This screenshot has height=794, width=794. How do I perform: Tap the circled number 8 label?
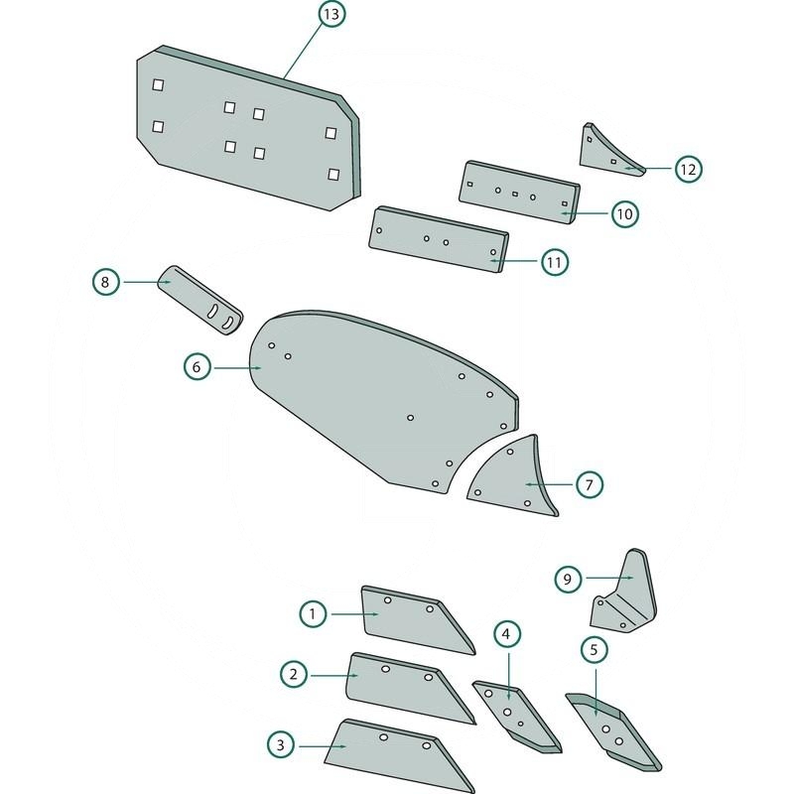[x=106, y=282]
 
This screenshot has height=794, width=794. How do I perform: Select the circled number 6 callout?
[x=197, y=367]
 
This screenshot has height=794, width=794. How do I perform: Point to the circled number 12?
[x=688, y=169]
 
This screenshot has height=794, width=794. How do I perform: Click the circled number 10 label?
[x=624, y=213]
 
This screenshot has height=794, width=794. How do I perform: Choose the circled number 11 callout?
[x=554, y=262]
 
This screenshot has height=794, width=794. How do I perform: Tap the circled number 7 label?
[x=589, y=484]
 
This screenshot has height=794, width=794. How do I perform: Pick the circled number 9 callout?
[x=567, y=578]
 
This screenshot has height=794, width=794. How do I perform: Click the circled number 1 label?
[x=313, y=614]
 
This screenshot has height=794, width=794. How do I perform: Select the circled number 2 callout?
[x=293, y=675]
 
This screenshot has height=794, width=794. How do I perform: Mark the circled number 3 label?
[x=281, y=743]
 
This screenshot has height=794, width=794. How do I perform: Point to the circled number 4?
[x=506, y=633]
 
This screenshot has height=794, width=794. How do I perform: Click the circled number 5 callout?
[x=594, y=650]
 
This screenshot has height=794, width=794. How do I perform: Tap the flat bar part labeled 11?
[x=437, y=238]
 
